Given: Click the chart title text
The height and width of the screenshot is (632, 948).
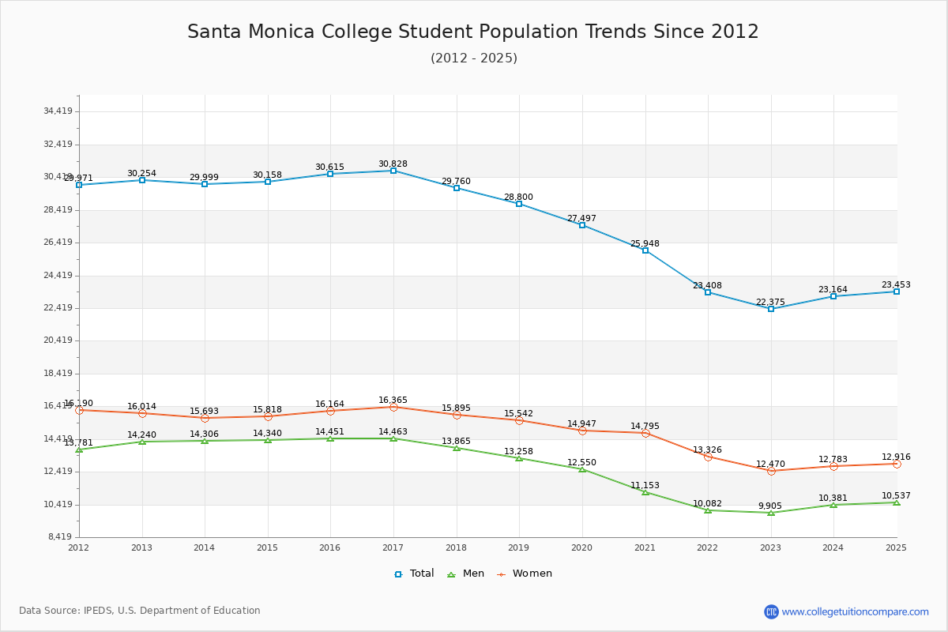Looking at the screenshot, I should coord(473,32).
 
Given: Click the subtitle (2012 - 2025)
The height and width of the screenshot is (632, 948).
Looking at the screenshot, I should coord(474,58).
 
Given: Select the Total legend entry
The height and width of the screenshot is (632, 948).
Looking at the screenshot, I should coord(415,574).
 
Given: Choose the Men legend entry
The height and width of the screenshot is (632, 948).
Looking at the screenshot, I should coord(467,574).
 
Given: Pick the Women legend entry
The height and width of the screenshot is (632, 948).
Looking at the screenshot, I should coord(525,574).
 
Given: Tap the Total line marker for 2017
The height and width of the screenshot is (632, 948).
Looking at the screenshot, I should coord(393,171).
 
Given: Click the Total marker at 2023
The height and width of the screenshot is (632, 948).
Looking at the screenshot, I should coord(771,309).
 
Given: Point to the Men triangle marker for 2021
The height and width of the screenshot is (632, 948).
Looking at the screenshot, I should coord(645,492).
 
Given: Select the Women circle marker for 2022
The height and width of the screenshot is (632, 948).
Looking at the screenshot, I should coord(708,457).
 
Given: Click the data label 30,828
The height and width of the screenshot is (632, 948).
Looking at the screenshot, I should coord(393,164).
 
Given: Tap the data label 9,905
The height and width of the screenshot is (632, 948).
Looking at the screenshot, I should coord(770,506).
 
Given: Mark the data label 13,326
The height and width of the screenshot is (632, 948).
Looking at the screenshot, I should coord(707,450).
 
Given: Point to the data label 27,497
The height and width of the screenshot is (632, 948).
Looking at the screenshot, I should coord(581,218).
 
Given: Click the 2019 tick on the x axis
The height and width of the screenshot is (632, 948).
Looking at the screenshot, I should coord(518,547).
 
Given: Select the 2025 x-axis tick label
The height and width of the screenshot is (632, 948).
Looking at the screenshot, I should coord(896,547).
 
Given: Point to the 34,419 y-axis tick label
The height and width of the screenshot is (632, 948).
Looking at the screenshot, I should coord(58,111).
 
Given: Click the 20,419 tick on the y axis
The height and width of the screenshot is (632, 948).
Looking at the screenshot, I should coord(58,340).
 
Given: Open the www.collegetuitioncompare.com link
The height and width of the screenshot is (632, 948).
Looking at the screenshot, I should coord(855,611).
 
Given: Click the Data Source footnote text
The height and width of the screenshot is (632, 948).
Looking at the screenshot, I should coord(140,611).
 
